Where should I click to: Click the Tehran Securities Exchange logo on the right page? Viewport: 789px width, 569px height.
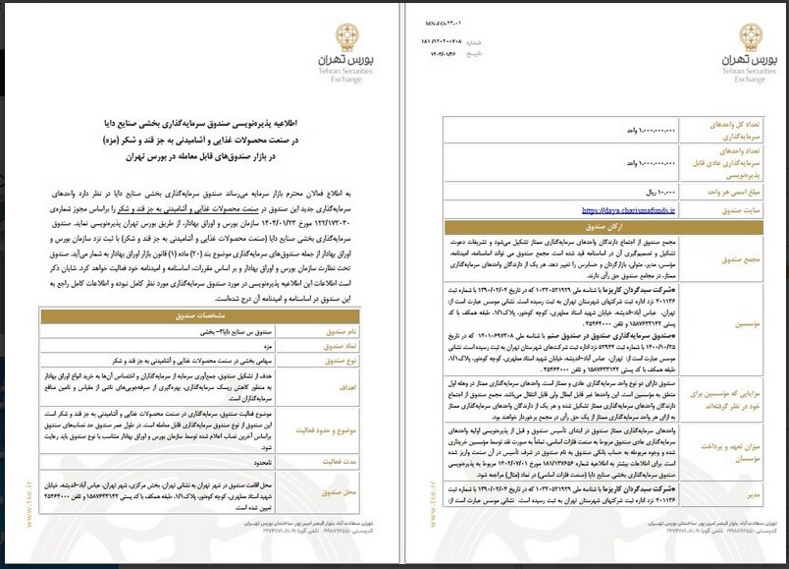[733, 59]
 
